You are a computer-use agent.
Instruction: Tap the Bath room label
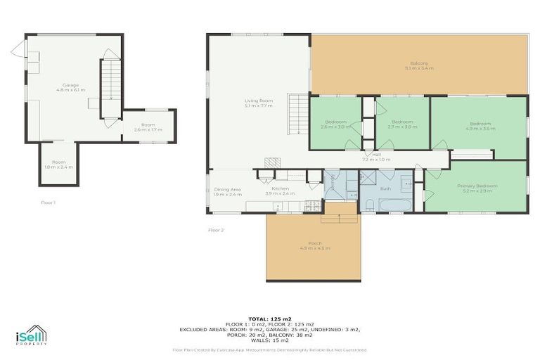pos(385,188)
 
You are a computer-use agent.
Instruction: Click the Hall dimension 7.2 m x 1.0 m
pos(376,160)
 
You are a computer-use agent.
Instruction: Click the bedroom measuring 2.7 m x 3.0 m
pos(404,127)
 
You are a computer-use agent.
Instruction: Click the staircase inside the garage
pos(110,88)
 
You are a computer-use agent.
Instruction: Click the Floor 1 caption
pos(49,202)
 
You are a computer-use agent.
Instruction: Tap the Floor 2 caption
pos(215,230)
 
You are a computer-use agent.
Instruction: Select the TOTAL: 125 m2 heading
pos(271,319)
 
